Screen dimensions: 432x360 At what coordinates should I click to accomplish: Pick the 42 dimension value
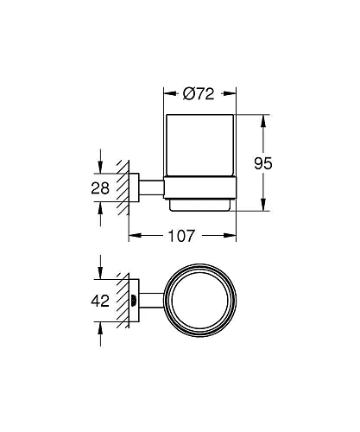(101, 302)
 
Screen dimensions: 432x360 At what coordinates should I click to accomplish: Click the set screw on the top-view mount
(134, 302)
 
